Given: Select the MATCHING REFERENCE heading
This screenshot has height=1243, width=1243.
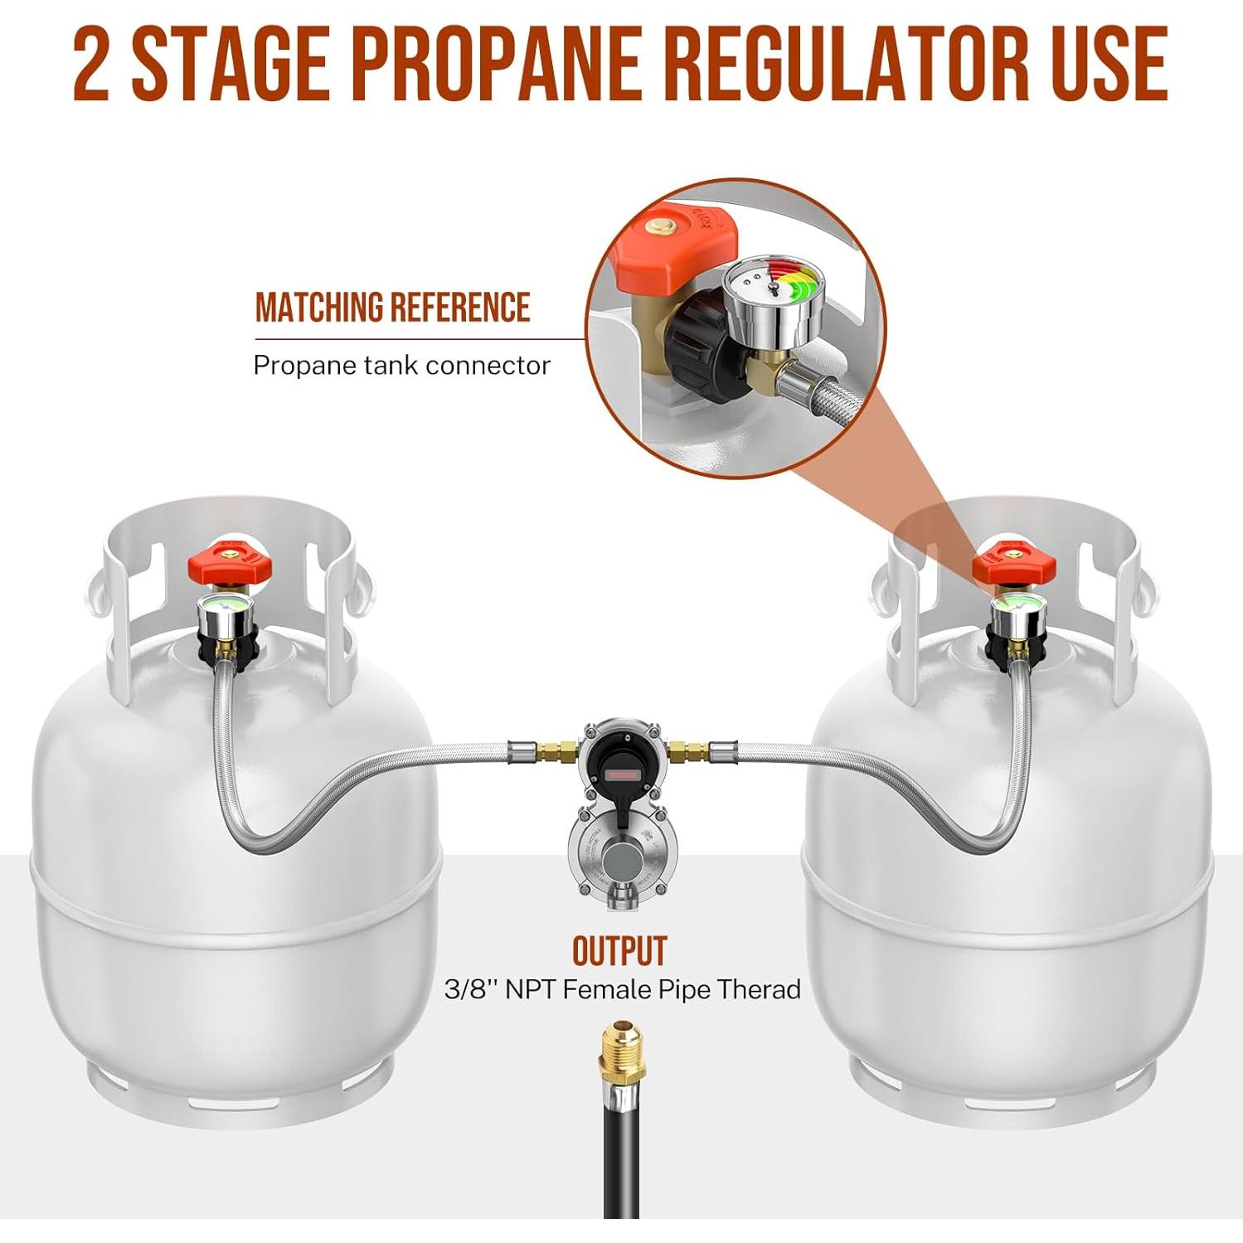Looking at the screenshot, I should pyautogui.click(x=392, y=308).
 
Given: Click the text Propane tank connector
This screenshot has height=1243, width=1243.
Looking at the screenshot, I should pyautogui.click(x=401, y=366).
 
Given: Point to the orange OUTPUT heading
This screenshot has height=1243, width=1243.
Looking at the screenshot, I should pyautogui.click(x=619, y=951).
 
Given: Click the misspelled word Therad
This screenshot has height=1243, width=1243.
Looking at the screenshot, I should pyautogui.click(x=759, y=989).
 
